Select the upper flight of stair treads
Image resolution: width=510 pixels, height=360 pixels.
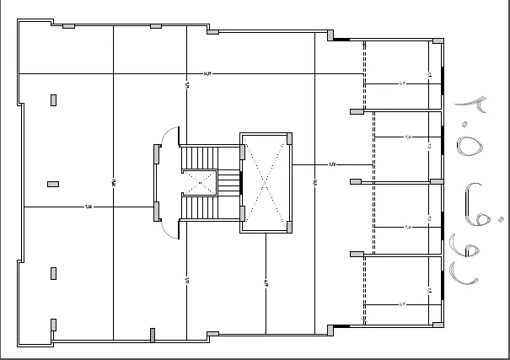pyautogui.click(x=201, y=158)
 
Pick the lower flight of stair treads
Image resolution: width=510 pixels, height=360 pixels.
pyautogui.click(x=201, y=207)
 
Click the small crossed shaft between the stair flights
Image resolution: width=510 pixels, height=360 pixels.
pyautogui.click(x=199, y=182)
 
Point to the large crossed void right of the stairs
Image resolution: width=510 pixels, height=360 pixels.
pyautogui.click(x=265, y=180)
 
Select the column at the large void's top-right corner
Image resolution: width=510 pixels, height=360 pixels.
pyautogui.click(x=290, y=137)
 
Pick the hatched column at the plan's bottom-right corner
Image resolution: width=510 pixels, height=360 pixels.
pyautogui.click(x=438, y=325)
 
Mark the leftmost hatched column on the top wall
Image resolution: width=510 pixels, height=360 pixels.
pyautogui.click(x=68, y=26)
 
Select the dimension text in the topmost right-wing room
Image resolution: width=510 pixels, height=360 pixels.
pyautogui.click(x=403, y=83)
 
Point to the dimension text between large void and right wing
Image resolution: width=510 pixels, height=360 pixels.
pyautogui.click(x=332, y=164)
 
